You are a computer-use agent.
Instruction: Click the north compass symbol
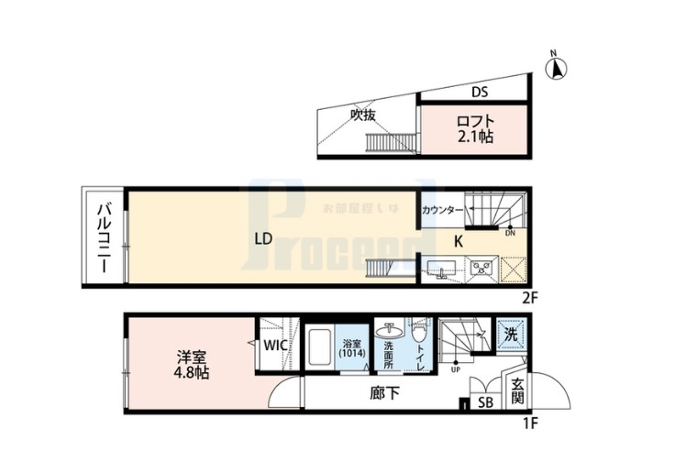[557, 66]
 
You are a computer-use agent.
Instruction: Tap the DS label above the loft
[480, 92]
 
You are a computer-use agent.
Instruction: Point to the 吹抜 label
[364, 115]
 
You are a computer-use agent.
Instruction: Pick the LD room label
[263, 239]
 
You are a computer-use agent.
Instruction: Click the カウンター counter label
[442, 211]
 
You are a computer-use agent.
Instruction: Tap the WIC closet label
[275, 346]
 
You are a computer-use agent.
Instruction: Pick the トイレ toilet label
[419, 349]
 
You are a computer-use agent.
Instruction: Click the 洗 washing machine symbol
[509, 333]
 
